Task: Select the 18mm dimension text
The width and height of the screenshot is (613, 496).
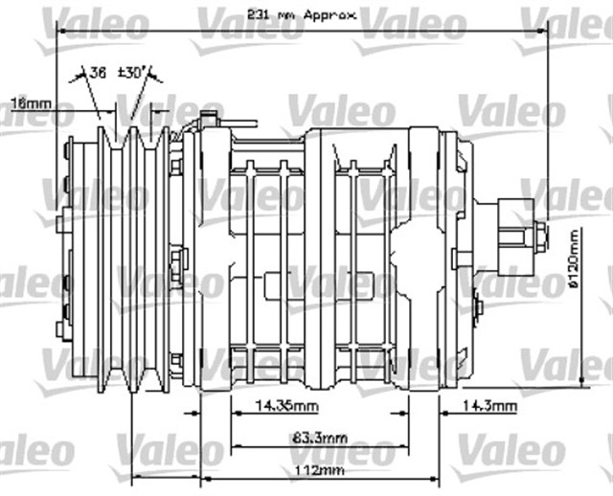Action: [31, 101]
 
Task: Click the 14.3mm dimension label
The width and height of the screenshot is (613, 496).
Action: [492, 406]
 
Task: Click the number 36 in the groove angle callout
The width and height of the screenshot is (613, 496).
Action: [99, 72]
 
